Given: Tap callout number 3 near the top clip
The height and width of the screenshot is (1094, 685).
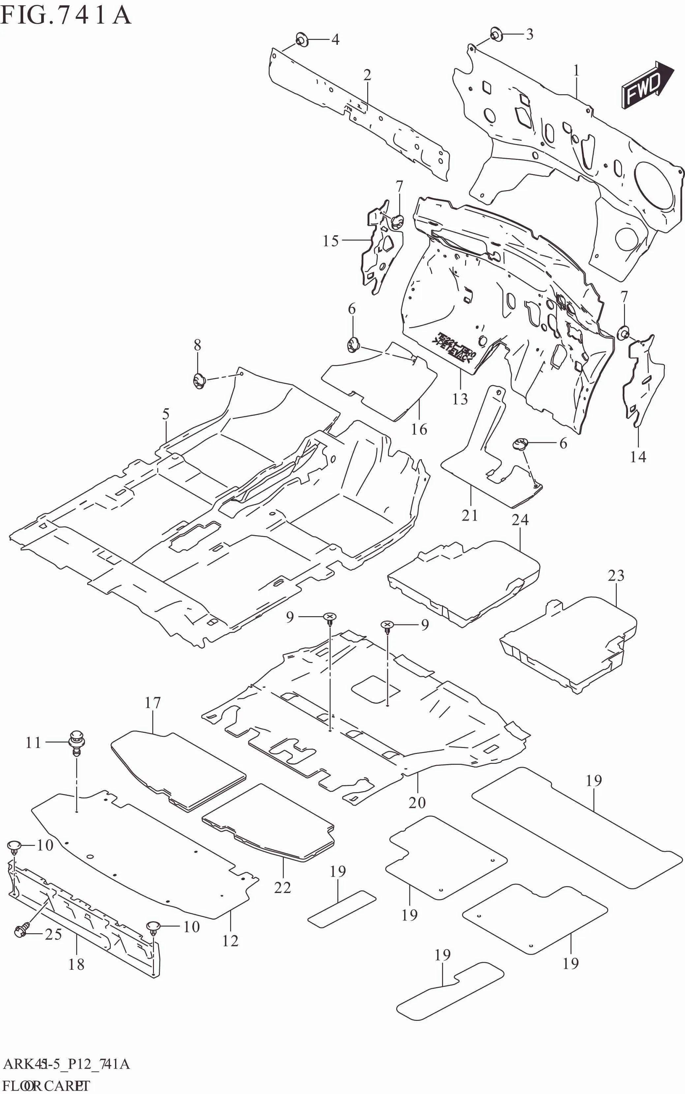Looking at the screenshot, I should (529, 34).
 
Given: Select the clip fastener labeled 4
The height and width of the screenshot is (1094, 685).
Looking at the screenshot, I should (301, 40).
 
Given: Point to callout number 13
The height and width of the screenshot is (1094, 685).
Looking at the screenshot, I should (460, 399).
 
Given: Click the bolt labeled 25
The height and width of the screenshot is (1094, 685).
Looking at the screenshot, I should (21, 931).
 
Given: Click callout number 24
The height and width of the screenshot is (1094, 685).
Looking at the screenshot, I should (520, 519).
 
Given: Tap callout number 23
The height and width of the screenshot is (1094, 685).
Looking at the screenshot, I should (616, 576).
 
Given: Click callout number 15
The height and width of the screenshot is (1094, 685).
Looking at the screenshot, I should (331, 241).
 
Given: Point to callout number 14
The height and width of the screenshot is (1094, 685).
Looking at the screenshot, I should (638, 456).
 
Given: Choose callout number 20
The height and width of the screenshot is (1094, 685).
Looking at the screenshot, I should (417, 802).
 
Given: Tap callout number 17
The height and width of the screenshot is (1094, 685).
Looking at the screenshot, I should (153, 703).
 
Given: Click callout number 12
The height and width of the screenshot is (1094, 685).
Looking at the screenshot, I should (230, 941).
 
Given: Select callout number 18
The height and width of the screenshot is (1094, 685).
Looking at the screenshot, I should (76, 964).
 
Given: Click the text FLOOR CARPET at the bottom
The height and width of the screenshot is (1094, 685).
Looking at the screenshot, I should (45, 1085).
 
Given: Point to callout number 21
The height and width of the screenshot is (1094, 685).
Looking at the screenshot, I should (470, 515).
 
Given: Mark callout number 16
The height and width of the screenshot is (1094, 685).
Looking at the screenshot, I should (419, 429).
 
